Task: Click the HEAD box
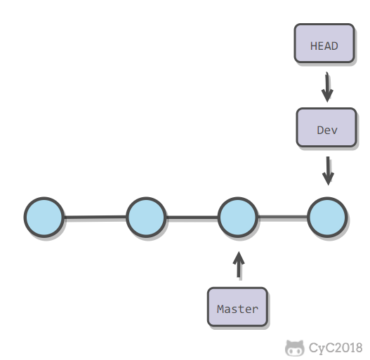324,44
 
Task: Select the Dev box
326,128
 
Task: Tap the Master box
237,307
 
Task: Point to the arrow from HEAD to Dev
327,87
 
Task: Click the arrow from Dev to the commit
328,171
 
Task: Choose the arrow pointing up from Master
239,265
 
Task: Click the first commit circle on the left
44,217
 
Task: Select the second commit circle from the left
146,217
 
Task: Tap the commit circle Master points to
238,217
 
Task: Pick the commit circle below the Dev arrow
327,217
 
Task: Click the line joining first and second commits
95,217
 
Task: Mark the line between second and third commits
192,217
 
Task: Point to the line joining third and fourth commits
283,217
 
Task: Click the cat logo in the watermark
294,348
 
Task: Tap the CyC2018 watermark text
336,347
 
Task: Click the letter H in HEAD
313,46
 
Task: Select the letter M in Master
220,309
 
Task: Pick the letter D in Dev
320,131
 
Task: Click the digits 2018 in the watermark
348,347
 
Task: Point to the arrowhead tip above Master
239,252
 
